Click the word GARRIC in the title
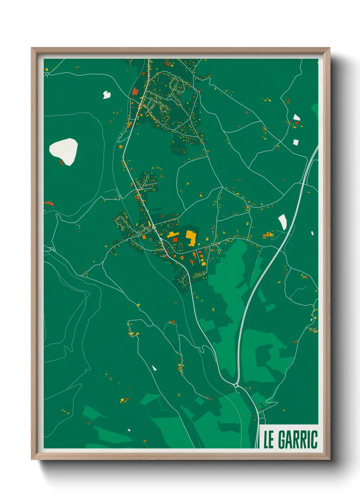pyautogui.click(x=298, y=440)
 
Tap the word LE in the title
pyautogui.click(x=268, y=440)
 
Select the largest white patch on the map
pyautogui.click(x=64, y=151)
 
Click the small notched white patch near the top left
pyautogui.click(x=107, y=95)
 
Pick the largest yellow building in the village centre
pyautogui.click(x=191, y=237)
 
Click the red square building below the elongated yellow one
pyautogui.click(x=175, y=240)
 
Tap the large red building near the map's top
pyautogui.click(x=135, y=91)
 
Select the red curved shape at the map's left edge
pyautogui.click(x=49, y=203)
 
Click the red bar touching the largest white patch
pyautogui.click(x=61, y=162)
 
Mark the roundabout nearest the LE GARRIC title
pyautogui.click(x=235, y=385)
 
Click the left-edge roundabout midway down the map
pyautogui.click(x=52, y=249)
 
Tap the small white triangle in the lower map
pyautogui.click(x=154, y=368)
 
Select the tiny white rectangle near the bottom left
pyautogui.click(x=129, y=430)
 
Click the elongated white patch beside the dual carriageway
pyautogui.click(x=283, y=222)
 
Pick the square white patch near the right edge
pyautogui.click(x=296, y=142)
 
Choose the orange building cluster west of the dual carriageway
pyautogui.click(x=268, y=235)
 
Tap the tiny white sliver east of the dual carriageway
pyautogui.click(x=312, y=233)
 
